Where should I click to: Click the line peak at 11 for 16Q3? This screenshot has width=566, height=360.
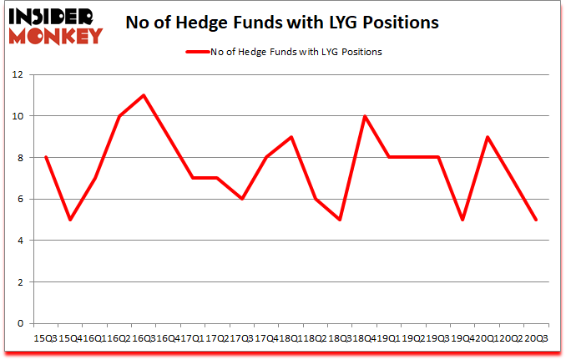pos(144,95)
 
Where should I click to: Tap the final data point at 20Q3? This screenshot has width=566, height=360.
pos(536,220)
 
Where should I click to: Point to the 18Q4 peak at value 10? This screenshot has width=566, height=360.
pos(364,116)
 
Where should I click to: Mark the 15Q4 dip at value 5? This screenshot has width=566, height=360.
pos(69,220)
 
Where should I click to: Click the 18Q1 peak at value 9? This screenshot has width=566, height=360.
pos(291,137)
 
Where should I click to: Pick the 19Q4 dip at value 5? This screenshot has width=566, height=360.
pos(462,220)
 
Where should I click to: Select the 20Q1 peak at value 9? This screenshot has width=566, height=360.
pos(487,137)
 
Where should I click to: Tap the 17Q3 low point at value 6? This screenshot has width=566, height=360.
pos(241,199)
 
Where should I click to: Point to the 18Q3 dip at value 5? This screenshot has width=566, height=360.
pos(340,220)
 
